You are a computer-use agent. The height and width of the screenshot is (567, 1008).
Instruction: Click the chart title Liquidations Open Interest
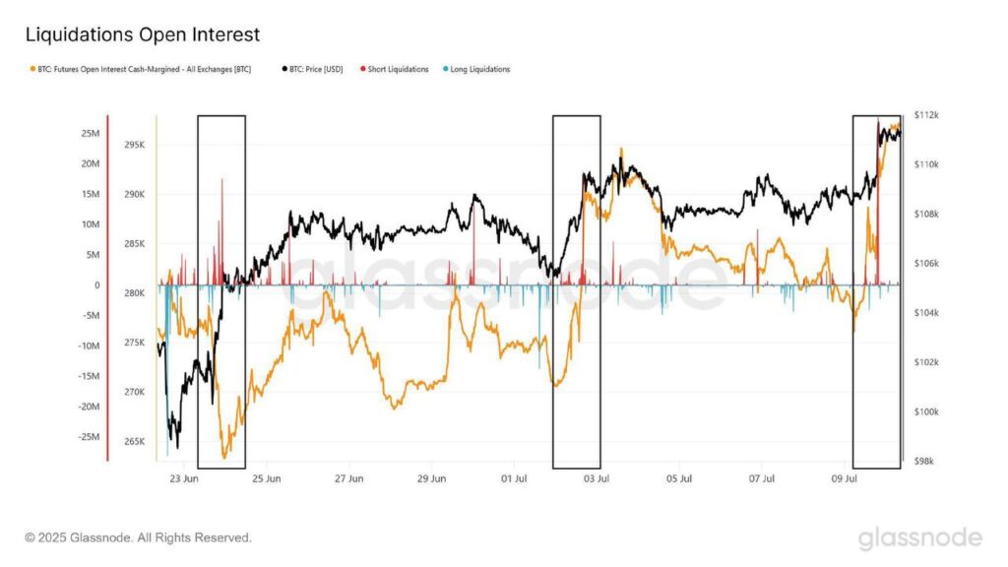tap(142, 34)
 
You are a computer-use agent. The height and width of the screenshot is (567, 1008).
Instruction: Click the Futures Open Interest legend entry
tap(142, 69)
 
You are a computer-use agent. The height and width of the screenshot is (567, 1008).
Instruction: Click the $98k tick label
tap(925, 461)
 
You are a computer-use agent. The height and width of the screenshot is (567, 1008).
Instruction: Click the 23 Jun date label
tap(184, 479)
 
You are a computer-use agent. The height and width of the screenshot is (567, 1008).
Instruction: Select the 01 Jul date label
tap(515, 479)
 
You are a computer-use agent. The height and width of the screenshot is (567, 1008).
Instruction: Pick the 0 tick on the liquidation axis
tap(96, 284)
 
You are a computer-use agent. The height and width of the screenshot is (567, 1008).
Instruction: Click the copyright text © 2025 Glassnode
tap(138, 537)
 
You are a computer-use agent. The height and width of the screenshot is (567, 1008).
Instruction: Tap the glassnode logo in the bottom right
tap(919, 537)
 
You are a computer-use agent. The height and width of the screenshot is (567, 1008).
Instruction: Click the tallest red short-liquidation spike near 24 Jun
tap(222, 181)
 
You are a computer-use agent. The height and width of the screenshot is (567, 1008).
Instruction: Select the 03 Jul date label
tap(598, 479)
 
